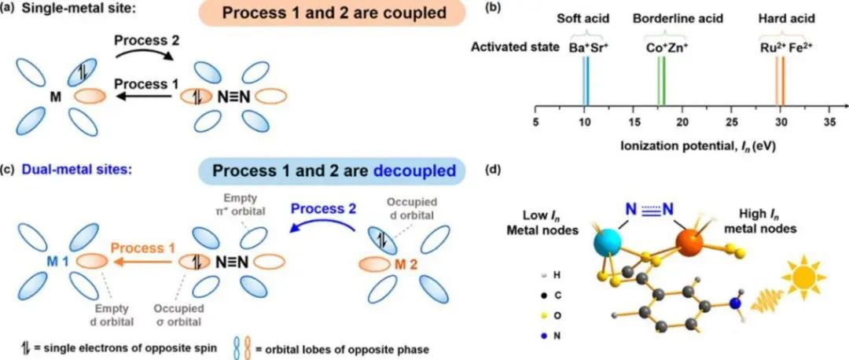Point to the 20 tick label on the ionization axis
tap(682, 123)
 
